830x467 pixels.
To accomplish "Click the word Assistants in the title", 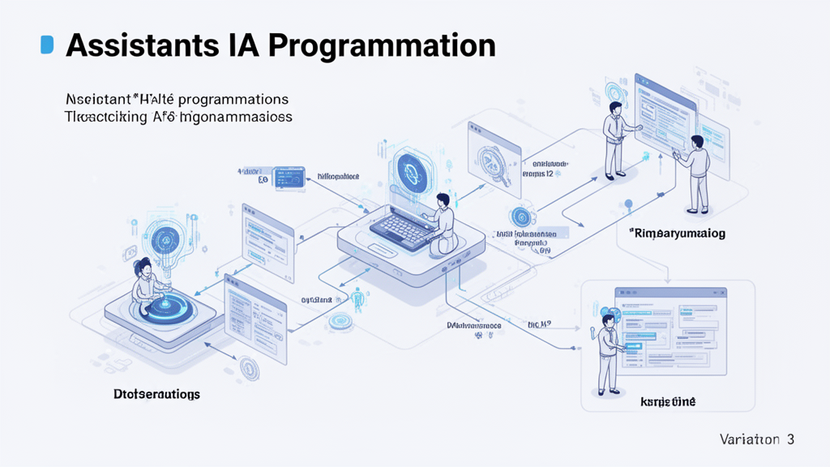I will (x=135, y=45).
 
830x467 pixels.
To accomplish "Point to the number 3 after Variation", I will (x=789, y=439).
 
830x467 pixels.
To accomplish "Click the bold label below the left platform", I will (x=156, y=393).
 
